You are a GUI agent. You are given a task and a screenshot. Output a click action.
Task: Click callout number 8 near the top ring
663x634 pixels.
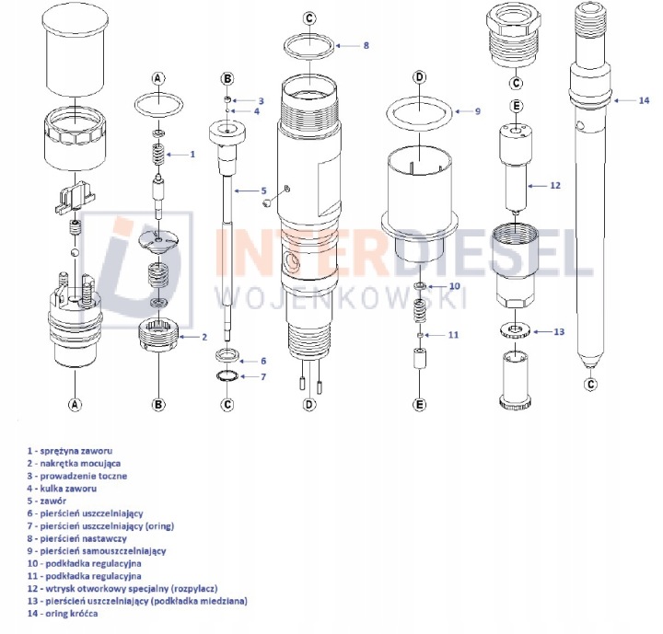tap(366, 45)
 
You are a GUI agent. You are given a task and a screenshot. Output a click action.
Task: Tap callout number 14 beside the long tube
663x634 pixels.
tap(644, 100)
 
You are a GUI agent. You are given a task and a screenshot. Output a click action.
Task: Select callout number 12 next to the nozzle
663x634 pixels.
tap(554, 186)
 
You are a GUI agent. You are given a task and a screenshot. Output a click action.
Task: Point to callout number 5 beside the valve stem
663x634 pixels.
tap(264, 191)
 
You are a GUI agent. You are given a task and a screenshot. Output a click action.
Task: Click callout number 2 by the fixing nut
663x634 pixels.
tap(204, 337)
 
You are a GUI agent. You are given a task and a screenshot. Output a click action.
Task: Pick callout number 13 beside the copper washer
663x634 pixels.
tap(559, 332)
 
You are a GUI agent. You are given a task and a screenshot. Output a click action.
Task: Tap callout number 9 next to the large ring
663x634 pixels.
tap(478, 111)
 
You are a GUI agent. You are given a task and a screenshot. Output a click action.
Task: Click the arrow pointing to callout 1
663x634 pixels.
tap(177, 155)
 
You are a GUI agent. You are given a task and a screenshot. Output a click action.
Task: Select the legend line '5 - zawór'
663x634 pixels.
tap(47, 501)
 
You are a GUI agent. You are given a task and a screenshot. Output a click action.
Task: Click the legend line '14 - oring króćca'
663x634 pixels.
tap(63, 613)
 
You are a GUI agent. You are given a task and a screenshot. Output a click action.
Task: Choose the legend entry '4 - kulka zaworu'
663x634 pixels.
tap(62, 489)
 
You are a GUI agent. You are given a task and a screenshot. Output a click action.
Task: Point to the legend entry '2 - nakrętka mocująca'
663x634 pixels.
tap(74, 463)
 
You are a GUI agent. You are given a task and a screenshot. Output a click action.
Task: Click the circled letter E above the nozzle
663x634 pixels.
tap(517, 106)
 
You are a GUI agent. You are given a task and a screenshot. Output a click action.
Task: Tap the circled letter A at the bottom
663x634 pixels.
tap(75, 405)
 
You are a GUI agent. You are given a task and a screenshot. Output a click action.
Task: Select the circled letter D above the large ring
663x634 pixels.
tap(420, 77)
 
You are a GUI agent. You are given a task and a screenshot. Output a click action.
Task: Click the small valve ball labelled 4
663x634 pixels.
tap(227, 110)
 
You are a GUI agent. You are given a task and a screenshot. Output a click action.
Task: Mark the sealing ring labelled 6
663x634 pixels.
tap(227, 355)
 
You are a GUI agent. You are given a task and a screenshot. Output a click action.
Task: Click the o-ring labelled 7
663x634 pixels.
tap(227, 375)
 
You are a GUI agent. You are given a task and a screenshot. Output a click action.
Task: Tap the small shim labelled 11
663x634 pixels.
tap(420, 335)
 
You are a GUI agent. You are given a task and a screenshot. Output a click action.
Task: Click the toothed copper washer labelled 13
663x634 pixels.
tap(516, 330)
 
